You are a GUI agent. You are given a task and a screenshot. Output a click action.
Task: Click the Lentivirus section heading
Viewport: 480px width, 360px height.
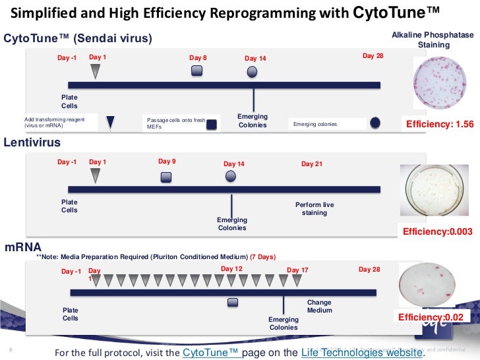(32, 142)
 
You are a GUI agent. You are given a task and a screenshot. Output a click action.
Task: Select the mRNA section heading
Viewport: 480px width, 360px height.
(19, 247)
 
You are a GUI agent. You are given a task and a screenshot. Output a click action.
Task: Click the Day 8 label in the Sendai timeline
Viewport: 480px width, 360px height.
(198, 58)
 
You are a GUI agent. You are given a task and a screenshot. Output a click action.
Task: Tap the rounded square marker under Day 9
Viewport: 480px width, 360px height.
(166, 176)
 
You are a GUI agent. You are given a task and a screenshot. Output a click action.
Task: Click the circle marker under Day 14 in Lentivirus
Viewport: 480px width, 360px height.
(231, 176)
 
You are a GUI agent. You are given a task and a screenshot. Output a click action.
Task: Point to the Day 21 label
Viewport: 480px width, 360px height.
(312, 164)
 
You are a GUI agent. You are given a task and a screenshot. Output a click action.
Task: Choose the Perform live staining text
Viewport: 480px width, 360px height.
(315, 209)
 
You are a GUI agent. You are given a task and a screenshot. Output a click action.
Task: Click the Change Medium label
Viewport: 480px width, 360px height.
(320, 307)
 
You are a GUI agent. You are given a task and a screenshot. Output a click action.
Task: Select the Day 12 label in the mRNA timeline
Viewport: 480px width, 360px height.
(231, 269)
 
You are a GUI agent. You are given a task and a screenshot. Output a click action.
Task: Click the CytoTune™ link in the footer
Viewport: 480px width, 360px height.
(211, 352)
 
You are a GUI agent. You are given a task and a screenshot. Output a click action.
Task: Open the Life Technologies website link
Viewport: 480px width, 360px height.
(361, 352)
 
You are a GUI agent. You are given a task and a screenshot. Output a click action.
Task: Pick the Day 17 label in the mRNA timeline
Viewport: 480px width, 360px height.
(297, 270)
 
